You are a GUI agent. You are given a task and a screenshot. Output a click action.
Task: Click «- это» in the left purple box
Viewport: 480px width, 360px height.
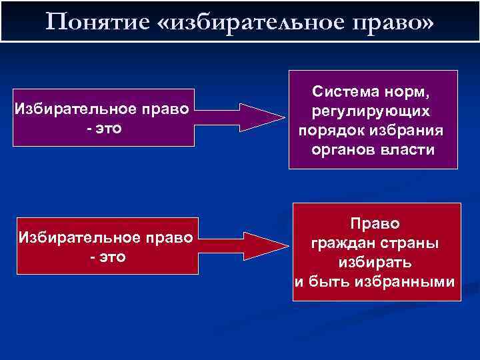(x=104, y=127)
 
